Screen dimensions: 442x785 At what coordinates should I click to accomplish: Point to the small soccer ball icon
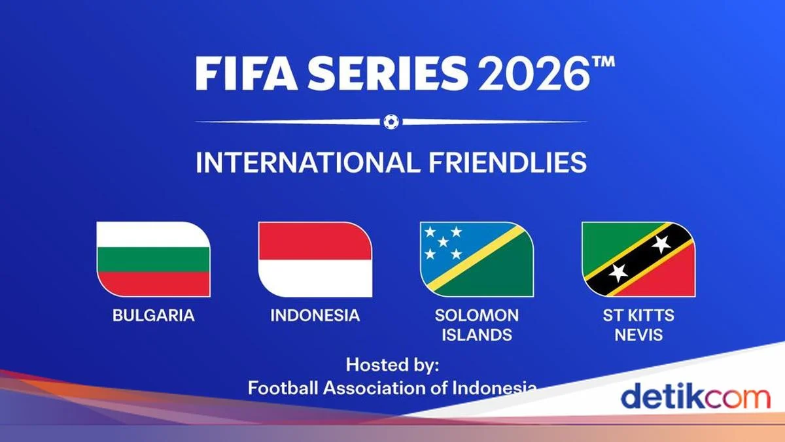coord(391,121)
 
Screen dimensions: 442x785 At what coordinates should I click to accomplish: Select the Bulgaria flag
coord(154,259)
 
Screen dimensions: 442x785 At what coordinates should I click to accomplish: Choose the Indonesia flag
coord(315,259)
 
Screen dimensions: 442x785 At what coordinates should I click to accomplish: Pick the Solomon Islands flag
coord(477,259)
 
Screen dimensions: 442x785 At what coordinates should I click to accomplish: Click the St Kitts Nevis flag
coord(638,259)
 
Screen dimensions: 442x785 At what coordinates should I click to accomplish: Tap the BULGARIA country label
coord(154,315)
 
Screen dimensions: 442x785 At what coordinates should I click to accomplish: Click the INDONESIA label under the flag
coord(315,315)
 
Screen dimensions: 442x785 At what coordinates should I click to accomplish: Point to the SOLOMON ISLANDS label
coord(477,325)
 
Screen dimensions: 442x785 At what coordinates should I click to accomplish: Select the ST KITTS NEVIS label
coord(638,325)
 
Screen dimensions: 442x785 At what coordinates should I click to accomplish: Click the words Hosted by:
coord(392,364)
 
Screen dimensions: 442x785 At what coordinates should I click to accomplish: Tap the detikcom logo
coord(695,397)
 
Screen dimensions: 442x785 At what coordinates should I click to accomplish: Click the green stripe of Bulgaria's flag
coord(154,259)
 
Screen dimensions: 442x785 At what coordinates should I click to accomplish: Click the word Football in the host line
coord(283,388)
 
